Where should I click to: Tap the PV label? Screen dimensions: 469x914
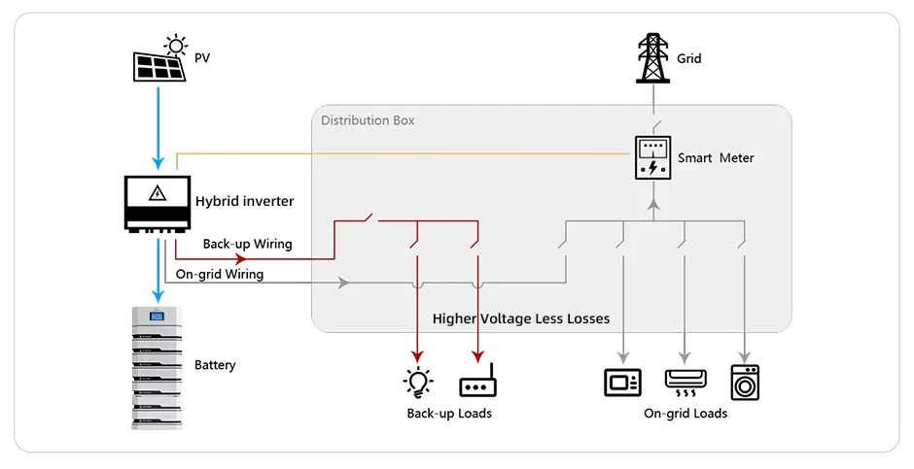pos(202,59)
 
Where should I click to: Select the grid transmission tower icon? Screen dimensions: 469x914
pos(653,58)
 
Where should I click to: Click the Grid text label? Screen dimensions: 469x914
pos(688,59)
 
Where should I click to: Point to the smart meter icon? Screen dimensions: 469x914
pos(652,157)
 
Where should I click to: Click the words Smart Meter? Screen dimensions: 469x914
pos(716,158)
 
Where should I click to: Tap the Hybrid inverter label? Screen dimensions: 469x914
pos(245,202)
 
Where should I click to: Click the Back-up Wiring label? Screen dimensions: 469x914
pos(247,244)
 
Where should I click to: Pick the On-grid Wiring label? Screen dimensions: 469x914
pos(219,274)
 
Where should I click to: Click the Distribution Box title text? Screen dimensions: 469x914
pos(368,120)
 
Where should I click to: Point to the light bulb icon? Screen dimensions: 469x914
pos(418,382)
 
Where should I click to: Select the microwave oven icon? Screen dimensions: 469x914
pos(622,382)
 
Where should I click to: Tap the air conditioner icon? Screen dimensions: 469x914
pos(685,382)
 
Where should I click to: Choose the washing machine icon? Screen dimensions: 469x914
pos(745,383)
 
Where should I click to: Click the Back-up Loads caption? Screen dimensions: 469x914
pos(448,414)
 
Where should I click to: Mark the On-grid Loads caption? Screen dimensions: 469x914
pos(685,414)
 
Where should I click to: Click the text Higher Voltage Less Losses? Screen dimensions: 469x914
pos(521,318)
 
